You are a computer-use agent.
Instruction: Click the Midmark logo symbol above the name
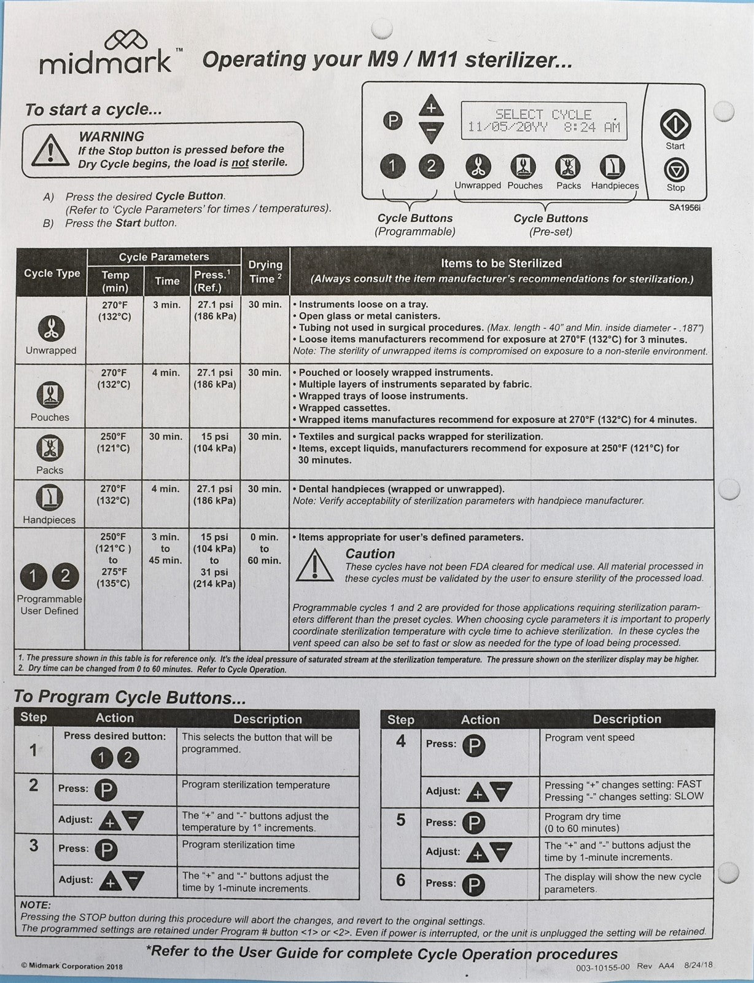[x=126, y=42]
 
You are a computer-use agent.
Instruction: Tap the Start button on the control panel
[x=675, y=125]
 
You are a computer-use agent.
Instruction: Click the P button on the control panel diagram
[x=393, y=120]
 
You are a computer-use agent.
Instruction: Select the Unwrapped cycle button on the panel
[x=477, y=166]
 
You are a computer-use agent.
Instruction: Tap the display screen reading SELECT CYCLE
[x=543, y=120]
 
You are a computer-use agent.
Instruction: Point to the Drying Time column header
[x=265, y=272]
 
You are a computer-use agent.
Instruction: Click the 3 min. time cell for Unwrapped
[x=166, y=305]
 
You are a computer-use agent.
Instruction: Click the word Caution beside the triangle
[x=370, y=554]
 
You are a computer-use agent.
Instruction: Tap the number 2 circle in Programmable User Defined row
[x=65, y=576]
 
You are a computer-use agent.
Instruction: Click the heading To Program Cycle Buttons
[x=130, y=697]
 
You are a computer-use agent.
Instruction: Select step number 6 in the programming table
[x=400, y=880]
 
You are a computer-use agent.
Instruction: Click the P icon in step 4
[x=474, y=745]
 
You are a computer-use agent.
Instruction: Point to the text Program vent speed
[x=589, y=737]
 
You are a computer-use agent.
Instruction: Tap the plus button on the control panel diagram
[x=431, y=107]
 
